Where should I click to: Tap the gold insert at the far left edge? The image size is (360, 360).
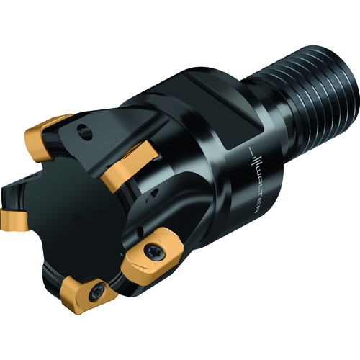coord(13,220)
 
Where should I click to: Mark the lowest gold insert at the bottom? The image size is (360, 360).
coord(88,294)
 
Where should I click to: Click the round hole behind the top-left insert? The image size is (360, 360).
coord(84,131)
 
